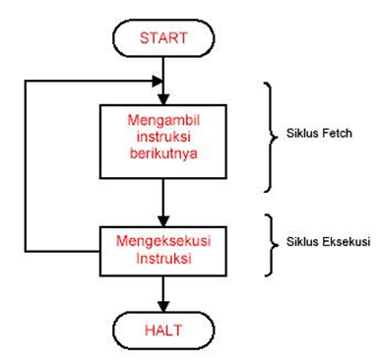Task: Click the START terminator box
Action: pyautogui.click(x=162, y=38)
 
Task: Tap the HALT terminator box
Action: pyautogui.click(x=162, y=326)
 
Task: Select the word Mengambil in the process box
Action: pyautogui.click(x=162, y=119)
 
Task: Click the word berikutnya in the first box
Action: pyautogui.click(x=162, y=153)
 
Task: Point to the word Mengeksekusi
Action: pyautogui.click(x=162, y=239)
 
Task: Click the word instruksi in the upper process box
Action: pyautogui.click(x=162, y=137)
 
